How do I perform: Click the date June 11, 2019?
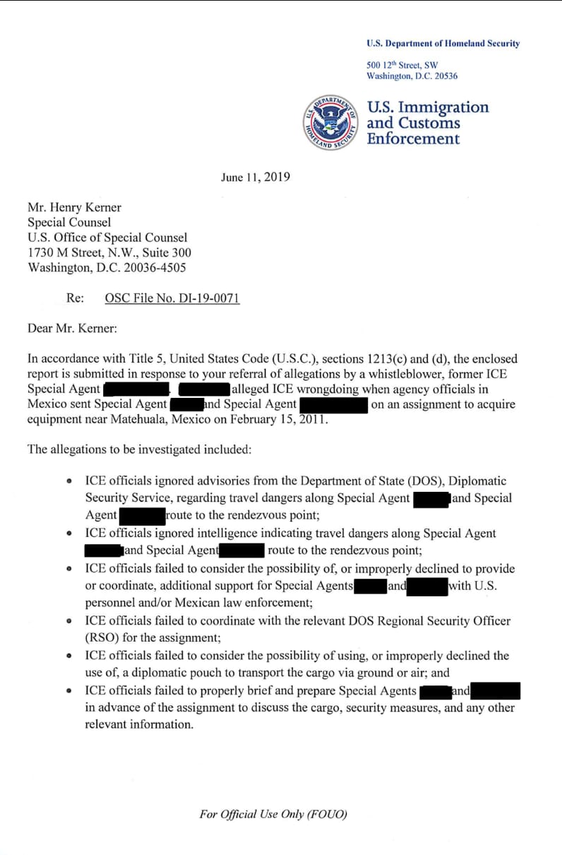tap(255, 177)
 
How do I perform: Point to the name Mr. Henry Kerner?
tap(74, 207)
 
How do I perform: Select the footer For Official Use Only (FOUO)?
tap(273, 814)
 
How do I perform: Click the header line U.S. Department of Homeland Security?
tap(443, 43)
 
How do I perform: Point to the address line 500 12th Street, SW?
tap(402, 65)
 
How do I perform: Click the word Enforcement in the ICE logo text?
tap(412, 138)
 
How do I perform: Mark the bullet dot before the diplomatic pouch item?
tap(68, 656)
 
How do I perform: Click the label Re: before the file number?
tap(75, 298)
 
